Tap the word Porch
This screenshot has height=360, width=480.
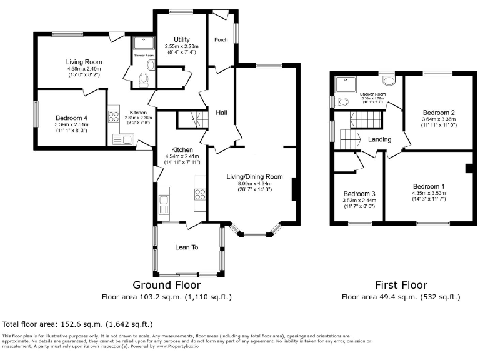(221, 40)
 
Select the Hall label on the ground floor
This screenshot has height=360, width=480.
(221, 112)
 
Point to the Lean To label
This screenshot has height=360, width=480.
(186, 247)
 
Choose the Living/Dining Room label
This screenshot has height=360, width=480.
(254, 177)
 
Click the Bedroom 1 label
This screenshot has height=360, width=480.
(428, 186)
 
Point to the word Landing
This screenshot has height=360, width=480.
(379, 139)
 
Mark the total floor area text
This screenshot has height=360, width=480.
(77, 324)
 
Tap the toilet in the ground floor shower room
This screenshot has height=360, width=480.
(144, 78)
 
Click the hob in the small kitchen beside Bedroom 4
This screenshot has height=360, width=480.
(114, 116)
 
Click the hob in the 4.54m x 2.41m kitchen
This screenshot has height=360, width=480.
(201, 194)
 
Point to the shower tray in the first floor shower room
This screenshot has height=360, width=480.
(344, 84)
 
